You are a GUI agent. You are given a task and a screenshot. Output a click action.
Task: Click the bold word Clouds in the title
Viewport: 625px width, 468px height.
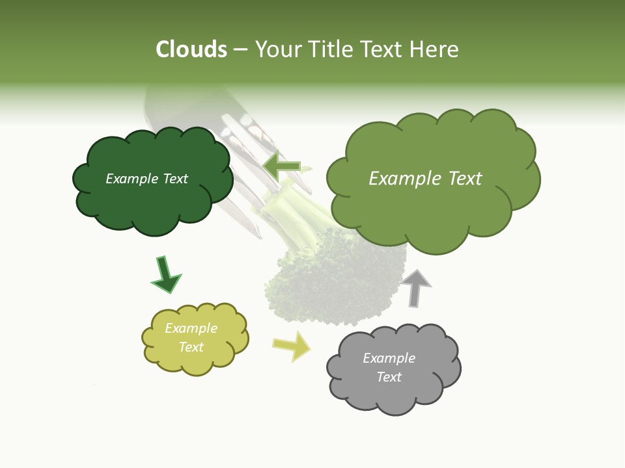tap(191, 49)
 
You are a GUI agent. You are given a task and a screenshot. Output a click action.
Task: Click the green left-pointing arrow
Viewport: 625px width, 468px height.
tap(281, 166)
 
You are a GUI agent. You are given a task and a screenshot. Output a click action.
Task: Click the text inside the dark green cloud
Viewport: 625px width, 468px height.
tap(146, 179)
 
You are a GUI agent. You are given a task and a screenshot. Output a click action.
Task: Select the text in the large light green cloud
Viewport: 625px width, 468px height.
tap(425, 179)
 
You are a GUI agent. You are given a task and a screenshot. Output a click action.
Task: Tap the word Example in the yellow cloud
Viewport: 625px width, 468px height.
tap(191, 328)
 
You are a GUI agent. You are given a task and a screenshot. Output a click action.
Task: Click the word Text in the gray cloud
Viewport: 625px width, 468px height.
tap(389, 377)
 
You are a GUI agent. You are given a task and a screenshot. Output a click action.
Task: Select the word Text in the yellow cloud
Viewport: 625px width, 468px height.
tap(191, 347)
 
